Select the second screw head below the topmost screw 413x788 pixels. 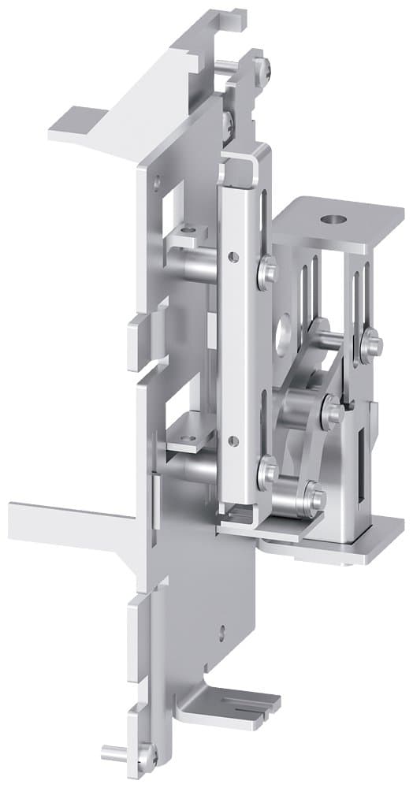(229, 121)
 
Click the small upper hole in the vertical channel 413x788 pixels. (232, 257)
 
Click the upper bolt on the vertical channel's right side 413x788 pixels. (268, 272)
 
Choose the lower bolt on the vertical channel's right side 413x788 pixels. (267, 472)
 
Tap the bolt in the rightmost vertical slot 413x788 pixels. (370, 341)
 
